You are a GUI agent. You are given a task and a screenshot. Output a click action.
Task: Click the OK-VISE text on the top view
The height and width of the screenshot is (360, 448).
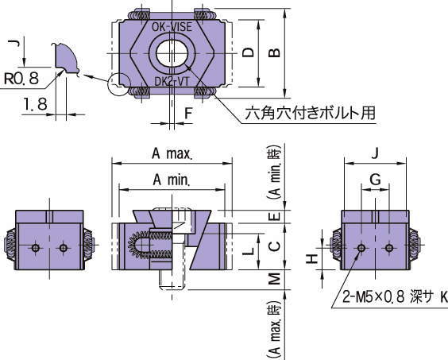click(x=172, y=26)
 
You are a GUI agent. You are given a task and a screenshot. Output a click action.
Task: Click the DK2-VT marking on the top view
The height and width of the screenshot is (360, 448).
click(x=172, y=80)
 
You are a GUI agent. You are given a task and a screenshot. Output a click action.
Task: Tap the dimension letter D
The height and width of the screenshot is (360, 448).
click(x=249, y=53)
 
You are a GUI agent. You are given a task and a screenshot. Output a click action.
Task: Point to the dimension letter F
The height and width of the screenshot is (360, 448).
click(x=187, y=113)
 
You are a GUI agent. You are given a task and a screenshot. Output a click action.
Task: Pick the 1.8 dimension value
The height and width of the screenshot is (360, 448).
click(x=33, y=103)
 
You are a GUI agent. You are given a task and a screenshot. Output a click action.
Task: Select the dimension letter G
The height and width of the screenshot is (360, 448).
click(x=375, y=180)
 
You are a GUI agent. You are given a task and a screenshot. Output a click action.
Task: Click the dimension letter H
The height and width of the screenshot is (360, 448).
click(x=313, y=257)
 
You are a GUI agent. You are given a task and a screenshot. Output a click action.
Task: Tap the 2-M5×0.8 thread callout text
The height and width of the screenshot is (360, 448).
click(x=393, y=297)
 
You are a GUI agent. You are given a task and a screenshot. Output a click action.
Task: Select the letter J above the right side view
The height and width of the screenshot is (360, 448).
click(x=375, y=153)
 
